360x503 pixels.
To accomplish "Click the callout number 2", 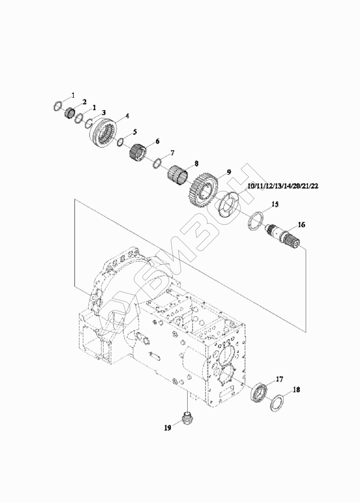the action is point(84,102).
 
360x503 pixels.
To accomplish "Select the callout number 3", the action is point(104,112).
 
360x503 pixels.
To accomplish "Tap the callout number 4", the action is point(127,116).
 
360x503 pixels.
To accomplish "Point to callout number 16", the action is point(301,225).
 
